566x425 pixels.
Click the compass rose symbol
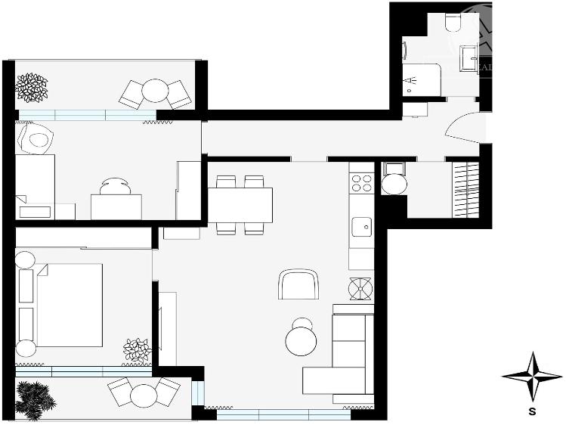533,375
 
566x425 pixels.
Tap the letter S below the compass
533,412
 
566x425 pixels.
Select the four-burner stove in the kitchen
362,182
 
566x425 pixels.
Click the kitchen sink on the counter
362,225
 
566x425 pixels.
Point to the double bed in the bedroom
68,305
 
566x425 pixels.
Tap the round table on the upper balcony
155,92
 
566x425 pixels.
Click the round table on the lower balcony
143,396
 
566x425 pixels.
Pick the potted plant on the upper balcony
32,86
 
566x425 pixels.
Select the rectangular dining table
240,204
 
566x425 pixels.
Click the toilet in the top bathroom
454,23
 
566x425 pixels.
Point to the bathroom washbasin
469,56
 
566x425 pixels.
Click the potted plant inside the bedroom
137,350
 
